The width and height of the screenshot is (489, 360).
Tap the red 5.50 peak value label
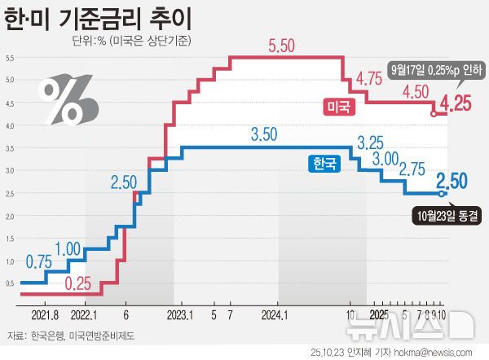(x=286, y=47)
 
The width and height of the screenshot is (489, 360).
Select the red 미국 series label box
(x=333, y=107)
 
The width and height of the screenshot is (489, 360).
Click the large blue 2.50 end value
(x=455, y=180)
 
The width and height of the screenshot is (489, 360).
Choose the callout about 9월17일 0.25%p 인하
(x=438, y=69)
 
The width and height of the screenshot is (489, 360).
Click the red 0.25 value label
(x=77, y=283)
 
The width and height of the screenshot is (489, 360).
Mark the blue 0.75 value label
(x=39, y=261)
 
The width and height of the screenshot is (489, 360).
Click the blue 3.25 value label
(x=370, y=141)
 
